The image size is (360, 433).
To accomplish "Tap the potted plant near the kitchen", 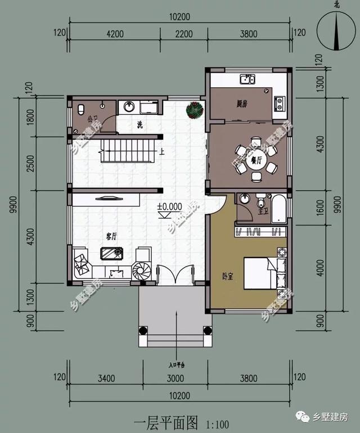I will (x=195, y=110).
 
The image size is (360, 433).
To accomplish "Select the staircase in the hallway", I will (x=127, y=150).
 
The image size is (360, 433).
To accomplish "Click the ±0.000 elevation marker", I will (x=170, y=208).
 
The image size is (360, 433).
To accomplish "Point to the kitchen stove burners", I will (x=279, y=103).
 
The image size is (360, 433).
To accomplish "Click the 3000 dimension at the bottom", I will (x=173, y=377).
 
